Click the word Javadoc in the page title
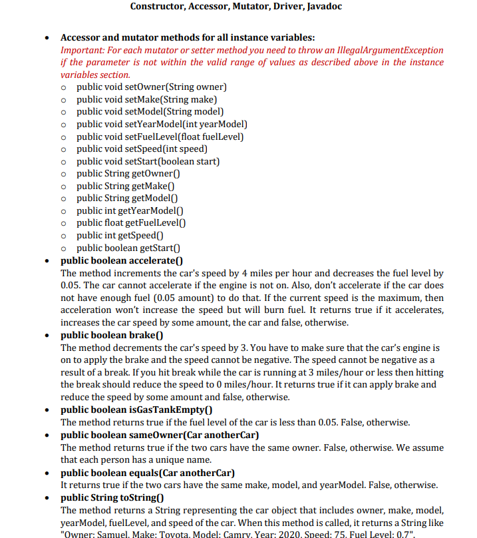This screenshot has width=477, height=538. (324, 7)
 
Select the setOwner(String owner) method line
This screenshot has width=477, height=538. (152, 87)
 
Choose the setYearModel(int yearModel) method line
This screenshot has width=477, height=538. (162, 124)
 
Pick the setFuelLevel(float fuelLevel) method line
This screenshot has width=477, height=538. (160, 136)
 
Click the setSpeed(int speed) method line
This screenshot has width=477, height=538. (142, 148)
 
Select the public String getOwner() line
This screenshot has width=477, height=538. (128, 174)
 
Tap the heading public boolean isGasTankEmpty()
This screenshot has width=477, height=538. (136, 410)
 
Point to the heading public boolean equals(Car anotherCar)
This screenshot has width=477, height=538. (148, 473)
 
